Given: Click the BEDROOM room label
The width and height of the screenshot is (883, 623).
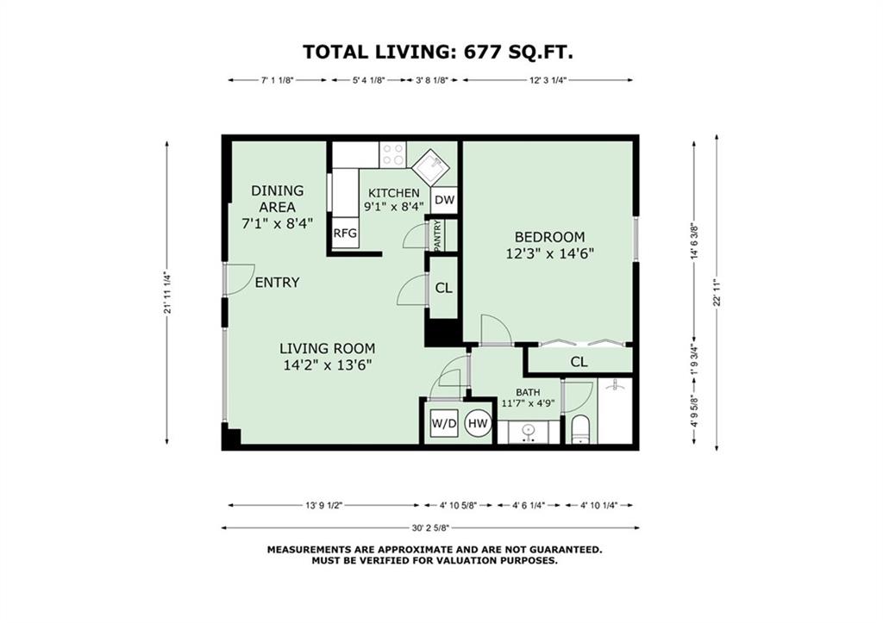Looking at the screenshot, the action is (x=549, y=236).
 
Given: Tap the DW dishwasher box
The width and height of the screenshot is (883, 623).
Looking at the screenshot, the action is (x=445, y=200).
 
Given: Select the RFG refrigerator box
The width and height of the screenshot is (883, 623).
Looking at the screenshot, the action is (x=345, y=233).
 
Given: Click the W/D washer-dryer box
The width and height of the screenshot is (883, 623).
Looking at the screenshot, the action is (x=444, y=423).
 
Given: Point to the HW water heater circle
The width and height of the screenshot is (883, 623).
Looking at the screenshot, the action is (x=478, y=423).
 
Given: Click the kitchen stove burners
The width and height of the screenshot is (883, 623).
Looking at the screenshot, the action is (x=392, y=154).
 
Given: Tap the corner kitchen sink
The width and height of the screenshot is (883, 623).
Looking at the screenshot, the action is (x=431, y=166).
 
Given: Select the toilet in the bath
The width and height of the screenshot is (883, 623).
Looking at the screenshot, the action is (x=580, y=431).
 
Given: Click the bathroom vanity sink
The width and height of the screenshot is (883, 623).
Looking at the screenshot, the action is (x=529, y=432).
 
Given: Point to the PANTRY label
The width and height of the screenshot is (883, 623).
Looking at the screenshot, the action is (x=438, y=235).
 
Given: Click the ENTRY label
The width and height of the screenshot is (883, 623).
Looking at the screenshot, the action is (x=277, y=282).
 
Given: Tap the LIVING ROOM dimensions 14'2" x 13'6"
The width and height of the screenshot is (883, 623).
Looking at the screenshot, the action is (x=327, y=365).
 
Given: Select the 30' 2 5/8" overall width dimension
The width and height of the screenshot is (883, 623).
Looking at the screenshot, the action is (x=430, y=528).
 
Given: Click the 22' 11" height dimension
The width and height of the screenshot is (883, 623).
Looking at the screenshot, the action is (x=717, y=293).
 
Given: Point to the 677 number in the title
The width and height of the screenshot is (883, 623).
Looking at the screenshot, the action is (x=482, y=52).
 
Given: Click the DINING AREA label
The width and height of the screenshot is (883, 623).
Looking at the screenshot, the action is (x=277, y=199).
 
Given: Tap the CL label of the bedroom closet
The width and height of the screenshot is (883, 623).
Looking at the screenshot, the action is (x=579, y=362).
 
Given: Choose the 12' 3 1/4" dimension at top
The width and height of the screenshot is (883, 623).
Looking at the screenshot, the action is (x=548, y=80).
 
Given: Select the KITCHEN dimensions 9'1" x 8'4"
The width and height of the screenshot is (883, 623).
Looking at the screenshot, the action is (x=393, y=206).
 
